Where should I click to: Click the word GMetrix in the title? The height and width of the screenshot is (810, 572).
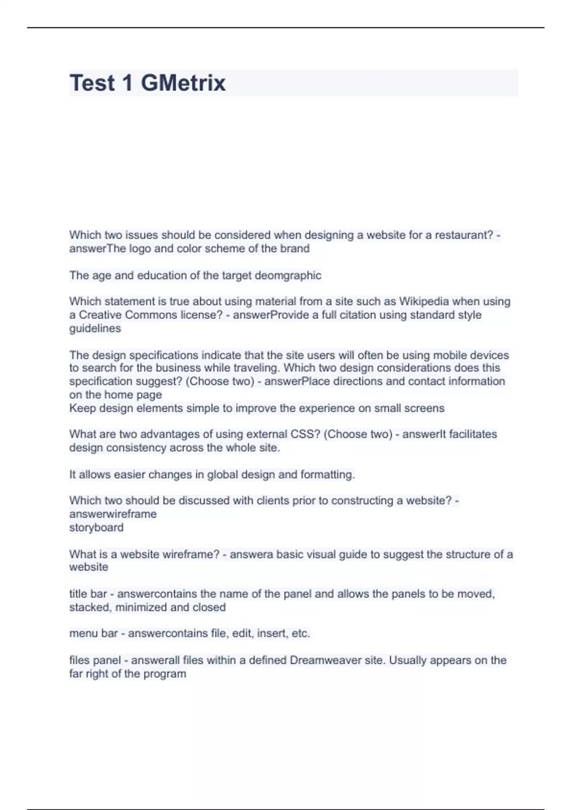[x=183, y=83]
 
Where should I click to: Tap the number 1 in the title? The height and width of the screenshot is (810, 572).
[x=127, y=83]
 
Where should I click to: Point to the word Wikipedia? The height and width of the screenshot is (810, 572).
[x=423, y=302]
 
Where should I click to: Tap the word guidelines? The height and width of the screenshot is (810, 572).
[x=95, y=328]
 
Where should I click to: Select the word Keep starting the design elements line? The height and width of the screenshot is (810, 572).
[x=82, y=408]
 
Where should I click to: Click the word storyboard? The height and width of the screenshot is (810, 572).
[x=96, y=527]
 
